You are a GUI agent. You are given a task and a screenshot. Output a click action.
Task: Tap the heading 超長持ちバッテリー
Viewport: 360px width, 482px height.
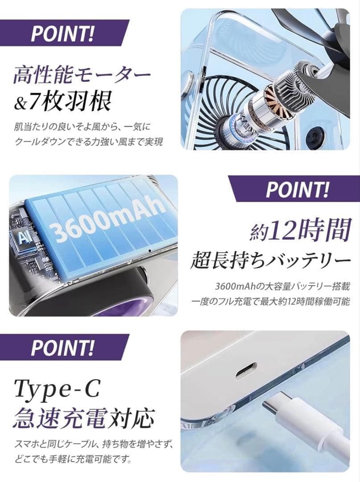point(271,262)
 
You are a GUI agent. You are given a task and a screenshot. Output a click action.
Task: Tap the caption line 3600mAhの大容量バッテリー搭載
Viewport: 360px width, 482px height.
point(282,287)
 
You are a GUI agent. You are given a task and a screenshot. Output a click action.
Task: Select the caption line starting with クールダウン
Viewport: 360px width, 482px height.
point(89,142)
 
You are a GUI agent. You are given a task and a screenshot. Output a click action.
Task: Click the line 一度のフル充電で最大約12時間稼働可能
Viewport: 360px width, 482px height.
point(271,302)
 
